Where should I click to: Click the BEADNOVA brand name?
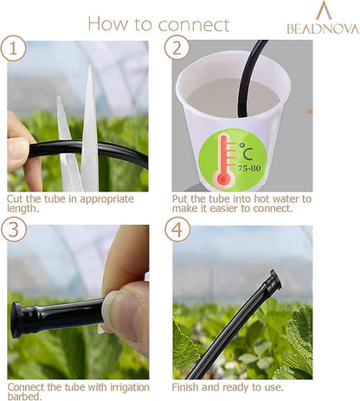[322, 29]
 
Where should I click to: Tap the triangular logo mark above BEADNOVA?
[323, 11]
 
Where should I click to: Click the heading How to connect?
[158, 23]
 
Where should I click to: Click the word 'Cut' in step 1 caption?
[16, 198]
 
